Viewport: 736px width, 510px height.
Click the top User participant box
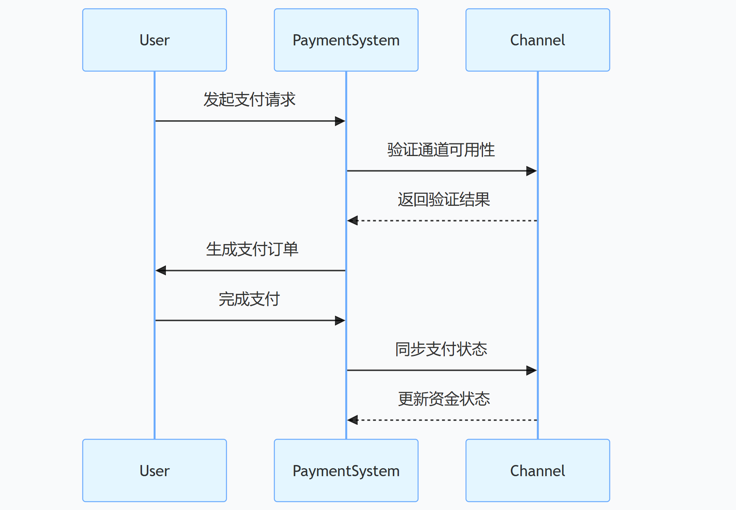coord(154,40)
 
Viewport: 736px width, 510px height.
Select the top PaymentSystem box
coord(346,40)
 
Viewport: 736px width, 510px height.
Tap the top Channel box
coord(537,40)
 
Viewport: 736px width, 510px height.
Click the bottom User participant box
coord(154,471)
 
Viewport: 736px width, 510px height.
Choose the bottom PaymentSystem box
coord(346,471)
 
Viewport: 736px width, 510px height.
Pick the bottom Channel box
coord(537,471)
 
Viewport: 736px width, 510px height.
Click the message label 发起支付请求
coord(249,100)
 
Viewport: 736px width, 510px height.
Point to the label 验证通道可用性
coord(441,150)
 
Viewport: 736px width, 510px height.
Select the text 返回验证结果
coord(444,199)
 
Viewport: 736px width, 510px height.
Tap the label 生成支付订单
coord(252,249)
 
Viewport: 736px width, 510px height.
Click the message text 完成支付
coord(249,299)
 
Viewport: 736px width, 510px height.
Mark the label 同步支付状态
coord(441,349)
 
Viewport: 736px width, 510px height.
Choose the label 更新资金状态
coord(444,399)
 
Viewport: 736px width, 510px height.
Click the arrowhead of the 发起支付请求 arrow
coord(340,121)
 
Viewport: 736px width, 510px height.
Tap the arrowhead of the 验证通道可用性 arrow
coord(532,171)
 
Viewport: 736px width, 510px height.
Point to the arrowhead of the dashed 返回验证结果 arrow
coord(352,221)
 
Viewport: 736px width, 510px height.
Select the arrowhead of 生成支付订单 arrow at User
coord(161,271)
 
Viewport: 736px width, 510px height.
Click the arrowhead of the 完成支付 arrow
coord(340,320)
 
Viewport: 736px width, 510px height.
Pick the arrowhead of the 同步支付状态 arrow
coord(532,370)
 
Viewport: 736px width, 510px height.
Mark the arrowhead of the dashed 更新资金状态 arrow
coord(352,420)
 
